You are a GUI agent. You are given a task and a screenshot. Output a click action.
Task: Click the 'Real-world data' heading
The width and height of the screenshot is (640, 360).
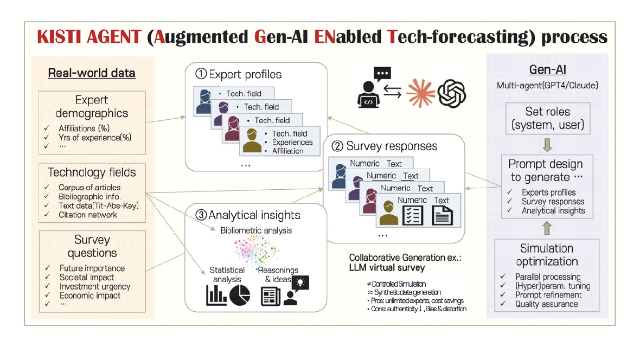92,73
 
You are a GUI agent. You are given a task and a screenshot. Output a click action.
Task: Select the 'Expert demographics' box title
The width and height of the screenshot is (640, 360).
92,107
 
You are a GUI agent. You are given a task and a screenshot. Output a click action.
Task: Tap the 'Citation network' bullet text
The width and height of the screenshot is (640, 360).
88,215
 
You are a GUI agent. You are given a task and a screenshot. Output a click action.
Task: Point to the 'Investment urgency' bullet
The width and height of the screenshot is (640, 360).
95,287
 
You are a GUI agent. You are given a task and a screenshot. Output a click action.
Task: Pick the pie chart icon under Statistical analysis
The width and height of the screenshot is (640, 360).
239,295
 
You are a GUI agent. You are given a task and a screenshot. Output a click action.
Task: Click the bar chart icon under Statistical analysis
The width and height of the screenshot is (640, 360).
216,295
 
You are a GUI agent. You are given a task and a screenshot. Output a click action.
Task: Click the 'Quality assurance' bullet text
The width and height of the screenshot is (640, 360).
546,304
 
